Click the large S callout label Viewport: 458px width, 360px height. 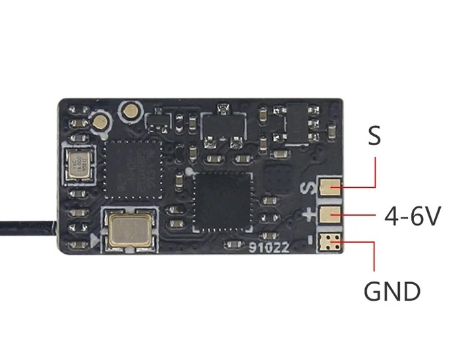(x=374, y=136)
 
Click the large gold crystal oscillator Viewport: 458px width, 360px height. (x=129, y=229)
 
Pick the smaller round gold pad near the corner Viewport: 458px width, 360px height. (x=100, y=121)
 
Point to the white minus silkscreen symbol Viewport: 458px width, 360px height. (x=308, y=241)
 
